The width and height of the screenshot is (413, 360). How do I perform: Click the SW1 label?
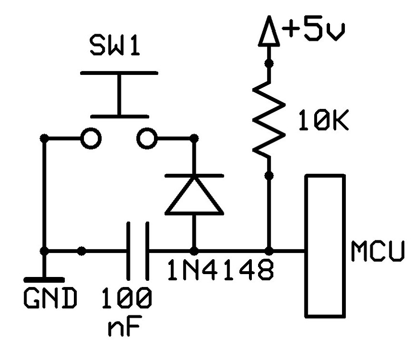point(115,47)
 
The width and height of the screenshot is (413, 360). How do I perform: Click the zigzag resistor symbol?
point(268,118)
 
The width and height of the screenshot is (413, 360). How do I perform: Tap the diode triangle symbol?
point(194,197)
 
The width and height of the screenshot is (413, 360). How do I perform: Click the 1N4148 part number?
point(221,272)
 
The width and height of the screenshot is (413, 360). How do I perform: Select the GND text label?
point(50,299)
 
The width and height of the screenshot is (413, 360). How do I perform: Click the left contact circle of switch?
point(91,139)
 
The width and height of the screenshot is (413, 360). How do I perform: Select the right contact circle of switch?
point(146,139)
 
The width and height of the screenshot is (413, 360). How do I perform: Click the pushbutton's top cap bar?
point(118,73)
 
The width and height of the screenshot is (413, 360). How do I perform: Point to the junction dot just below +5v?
point(269,62)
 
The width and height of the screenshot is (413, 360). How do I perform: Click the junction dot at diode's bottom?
point(194,251)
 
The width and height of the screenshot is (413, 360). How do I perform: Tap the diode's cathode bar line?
point(194,176)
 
